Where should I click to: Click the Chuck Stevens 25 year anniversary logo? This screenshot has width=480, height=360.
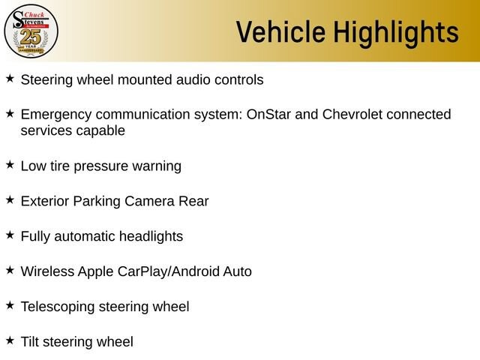[31, 31]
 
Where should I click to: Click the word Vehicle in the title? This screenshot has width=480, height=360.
[280, 31]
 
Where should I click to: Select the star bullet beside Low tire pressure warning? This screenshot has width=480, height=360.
[10, 164]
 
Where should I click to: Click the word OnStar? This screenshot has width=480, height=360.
[268, 114]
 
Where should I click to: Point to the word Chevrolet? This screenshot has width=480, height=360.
[352, 114]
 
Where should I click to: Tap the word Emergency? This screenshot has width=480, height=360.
[56, 115]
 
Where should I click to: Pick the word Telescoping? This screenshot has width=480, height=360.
[58, 307]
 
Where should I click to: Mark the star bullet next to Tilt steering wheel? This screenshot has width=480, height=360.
[10, 340]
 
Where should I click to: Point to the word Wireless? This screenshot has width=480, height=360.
[47, 271]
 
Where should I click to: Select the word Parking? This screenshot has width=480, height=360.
[97, 202]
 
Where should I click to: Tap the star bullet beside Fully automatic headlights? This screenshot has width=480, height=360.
[10, 235]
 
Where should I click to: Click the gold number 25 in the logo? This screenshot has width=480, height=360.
[31, 37]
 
